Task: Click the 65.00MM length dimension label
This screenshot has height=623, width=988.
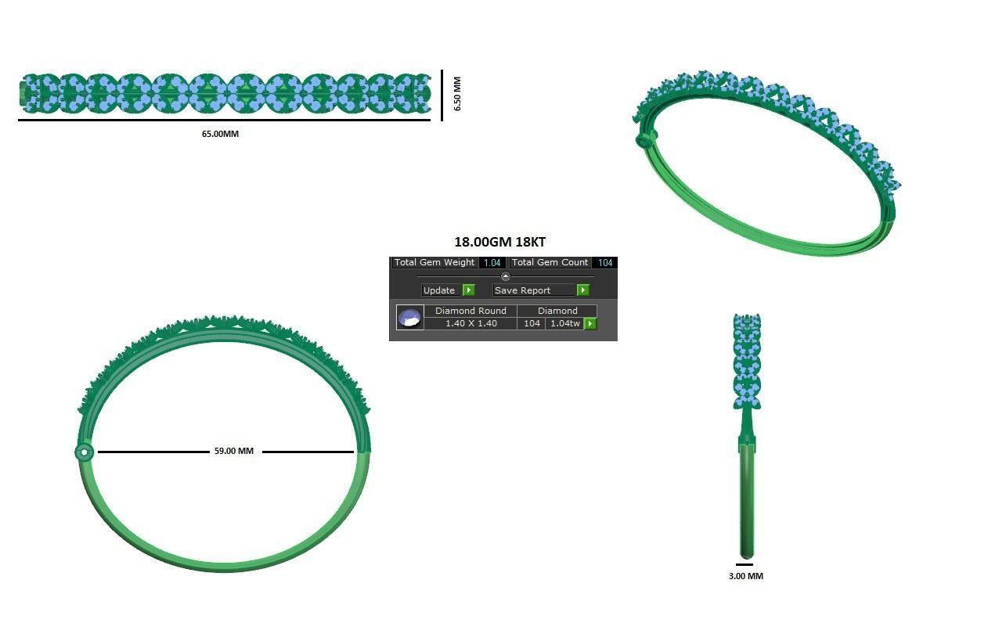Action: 220,134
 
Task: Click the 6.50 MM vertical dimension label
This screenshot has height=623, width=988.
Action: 457,94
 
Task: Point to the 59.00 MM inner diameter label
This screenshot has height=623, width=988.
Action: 233,452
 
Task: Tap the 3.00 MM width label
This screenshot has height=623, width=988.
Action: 745,576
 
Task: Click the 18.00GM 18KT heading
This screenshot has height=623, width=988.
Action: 499,243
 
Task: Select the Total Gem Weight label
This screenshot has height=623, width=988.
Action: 435,263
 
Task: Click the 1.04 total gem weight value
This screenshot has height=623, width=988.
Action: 492,263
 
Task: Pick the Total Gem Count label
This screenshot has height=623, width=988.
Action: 550,263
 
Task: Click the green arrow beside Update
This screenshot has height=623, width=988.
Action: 468,290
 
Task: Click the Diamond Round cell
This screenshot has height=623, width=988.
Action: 471,311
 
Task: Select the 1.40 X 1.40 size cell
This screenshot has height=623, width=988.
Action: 471,323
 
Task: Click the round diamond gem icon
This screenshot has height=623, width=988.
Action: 409,317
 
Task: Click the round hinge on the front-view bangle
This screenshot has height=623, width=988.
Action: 84,452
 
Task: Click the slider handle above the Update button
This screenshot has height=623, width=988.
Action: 505,276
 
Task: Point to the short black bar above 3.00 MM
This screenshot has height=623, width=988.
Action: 745,564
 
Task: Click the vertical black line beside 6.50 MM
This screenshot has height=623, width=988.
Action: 442,95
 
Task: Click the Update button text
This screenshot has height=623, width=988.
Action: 438,290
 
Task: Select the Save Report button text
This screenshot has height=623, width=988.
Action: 522,290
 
